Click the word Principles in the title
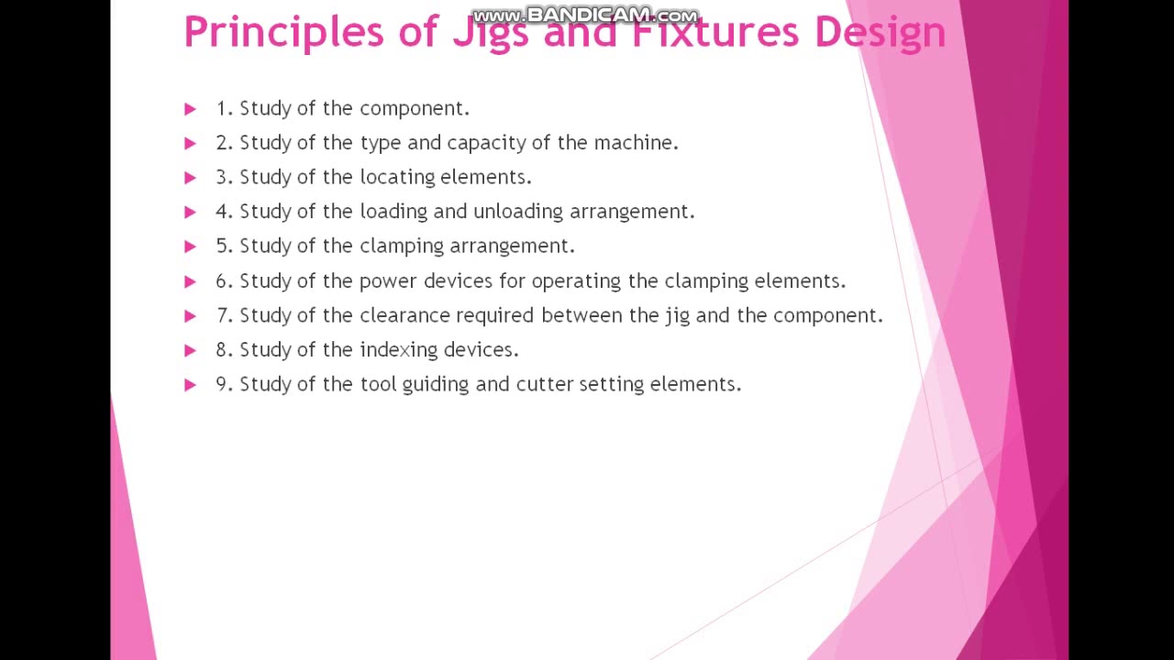coord(283,32)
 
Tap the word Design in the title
coord(880,32)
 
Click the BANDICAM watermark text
coord(585,16)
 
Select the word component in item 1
coord(413,109)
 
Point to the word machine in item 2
coord(635,143)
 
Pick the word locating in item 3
coord(397,177)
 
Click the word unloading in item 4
coord(517,212)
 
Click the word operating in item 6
coord(577,280)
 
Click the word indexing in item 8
coord(398,349)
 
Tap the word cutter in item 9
coord(544,384)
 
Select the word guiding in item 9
coord(435,384)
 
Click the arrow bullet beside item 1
coord(190,109)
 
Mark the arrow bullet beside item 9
coord(190,384)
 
